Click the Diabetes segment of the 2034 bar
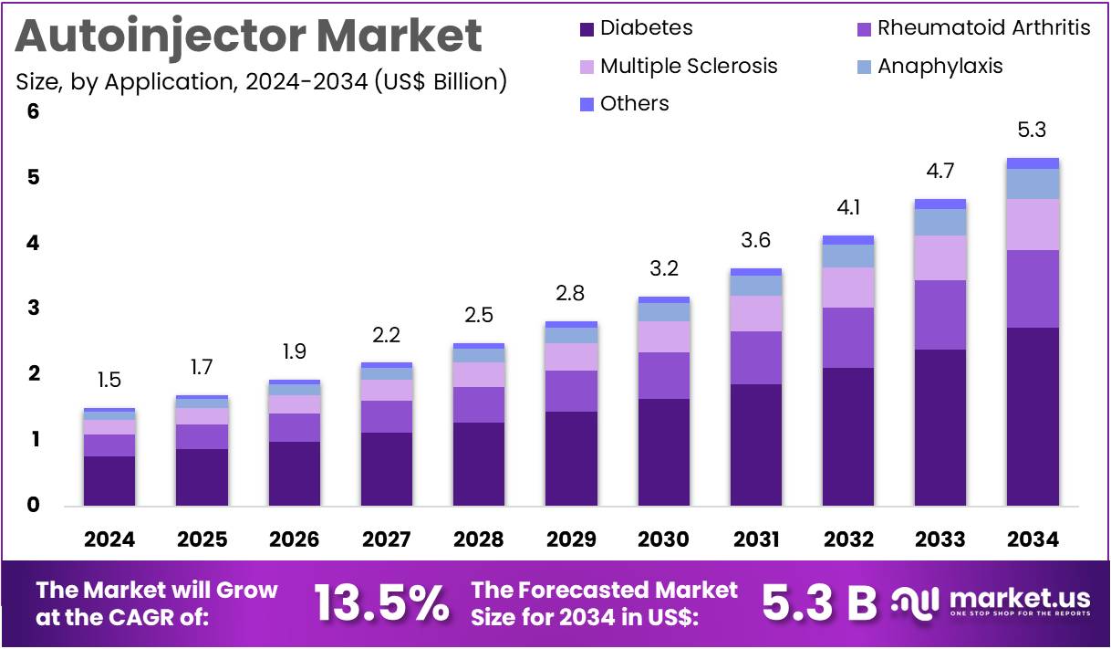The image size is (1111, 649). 1033,416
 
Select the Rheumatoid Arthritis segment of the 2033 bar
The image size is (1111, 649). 940,315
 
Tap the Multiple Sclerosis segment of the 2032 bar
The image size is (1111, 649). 848,288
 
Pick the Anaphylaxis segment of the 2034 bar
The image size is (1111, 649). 1033,184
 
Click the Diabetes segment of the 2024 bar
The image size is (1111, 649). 109,480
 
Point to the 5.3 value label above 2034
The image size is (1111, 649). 1033,131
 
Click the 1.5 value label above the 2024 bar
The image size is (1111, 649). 109,381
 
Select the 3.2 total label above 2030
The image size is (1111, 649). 663,269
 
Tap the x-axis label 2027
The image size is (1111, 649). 386,539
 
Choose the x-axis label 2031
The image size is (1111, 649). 755,539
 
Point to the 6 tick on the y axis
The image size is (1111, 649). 34,112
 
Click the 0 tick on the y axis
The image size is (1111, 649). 34,506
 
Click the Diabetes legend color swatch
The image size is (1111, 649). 587,29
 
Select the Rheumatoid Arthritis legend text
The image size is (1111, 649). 983,28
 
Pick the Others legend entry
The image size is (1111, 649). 634,104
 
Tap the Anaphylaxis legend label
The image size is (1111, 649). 940,67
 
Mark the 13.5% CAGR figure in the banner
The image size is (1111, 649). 381,602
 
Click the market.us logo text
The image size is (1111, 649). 1019,599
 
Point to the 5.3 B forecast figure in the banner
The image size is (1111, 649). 817,602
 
